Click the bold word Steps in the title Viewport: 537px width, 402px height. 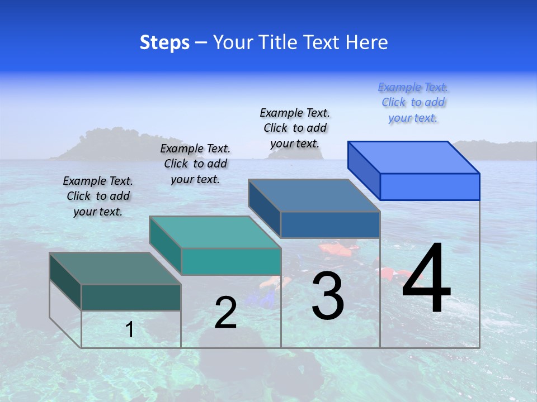pos(164,43)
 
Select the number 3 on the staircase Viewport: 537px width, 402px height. pos(328,296)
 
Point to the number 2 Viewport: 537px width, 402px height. pos(225,313)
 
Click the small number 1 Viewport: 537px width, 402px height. pos(130,329)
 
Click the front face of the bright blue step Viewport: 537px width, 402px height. pos(430,186)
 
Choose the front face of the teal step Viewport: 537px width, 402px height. pos(231,261)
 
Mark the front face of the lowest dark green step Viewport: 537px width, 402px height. pos(131,297)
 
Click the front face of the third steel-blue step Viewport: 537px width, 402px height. pos(330,224)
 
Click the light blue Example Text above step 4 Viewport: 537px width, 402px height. pos(413,103)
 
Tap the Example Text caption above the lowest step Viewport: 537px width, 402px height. pos(98,196)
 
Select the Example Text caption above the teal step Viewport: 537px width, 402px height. pos(195,164)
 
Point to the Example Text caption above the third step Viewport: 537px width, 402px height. pos(295,128)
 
